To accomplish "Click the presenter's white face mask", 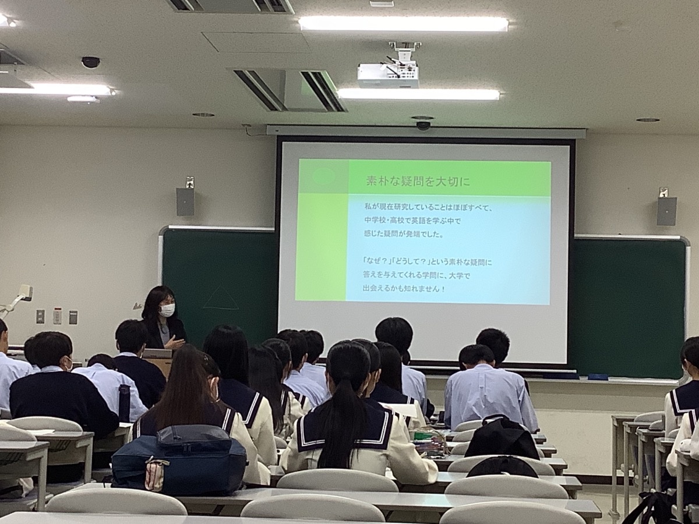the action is tap(167, 310).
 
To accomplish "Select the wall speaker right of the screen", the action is tap(666, 211).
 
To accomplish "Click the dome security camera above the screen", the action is tap(423, 126).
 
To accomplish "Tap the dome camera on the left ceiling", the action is tap(91, 62).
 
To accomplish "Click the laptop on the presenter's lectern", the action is tap(157, 353).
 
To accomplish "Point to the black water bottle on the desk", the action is tap(124, 403).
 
